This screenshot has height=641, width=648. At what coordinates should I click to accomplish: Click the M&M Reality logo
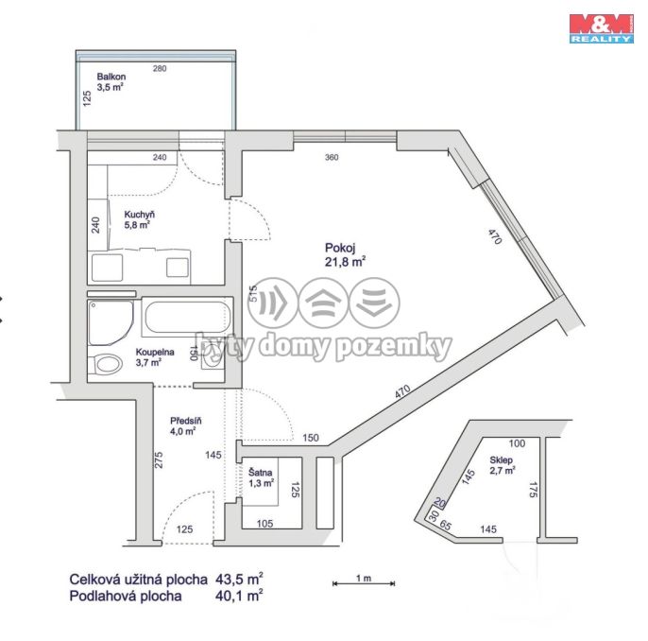tap(602, 28)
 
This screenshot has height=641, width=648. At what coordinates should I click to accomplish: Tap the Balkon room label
tap(111, 81)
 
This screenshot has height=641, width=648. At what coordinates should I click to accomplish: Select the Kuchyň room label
tap(139, 219)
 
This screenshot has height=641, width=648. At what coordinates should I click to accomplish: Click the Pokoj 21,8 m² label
tap(345, 254)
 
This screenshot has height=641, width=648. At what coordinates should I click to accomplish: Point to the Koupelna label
tap(155, 357)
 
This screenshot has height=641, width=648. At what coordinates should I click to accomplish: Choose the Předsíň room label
tap(185, 426)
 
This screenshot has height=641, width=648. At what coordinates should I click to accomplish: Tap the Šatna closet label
tap(261, 477)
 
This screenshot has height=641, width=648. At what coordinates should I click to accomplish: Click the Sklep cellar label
tap(503, 465)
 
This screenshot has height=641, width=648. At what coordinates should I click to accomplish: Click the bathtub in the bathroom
tap(188, 318)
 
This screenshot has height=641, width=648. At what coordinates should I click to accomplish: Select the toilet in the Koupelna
tap(106, 364)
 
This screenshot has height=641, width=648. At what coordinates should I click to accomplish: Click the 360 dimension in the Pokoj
tap(332, 157)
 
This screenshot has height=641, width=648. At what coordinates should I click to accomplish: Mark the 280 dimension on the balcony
tap(160, 68)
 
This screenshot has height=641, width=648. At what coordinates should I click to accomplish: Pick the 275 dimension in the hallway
tap(159, 459)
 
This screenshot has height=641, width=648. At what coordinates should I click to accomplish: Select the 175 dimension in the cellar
tap(533, 490)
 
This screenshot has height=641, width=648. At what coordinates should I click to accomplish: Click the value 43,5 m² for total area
tap(239, 579)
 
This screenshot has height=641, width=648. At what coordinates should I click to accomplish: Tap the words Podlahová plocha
tap(126, 596)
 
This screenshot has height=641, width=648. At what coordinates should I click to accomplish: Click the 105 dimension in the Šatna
tap(264, 524)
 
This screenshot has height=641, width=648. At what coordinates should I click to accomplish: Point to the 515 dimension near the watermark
tap(253, 293)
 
